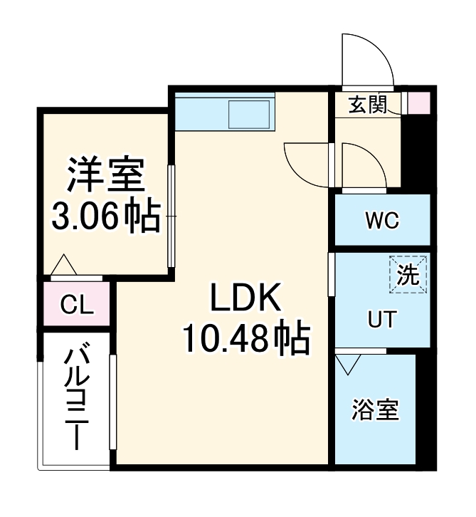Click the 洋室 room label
106,176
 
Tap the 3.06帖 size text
106,216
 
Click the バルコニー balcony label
76,398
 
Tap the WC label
382,221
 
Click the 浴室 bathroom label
375,411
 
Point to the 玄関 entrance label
368,105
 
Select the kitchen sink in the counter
248,114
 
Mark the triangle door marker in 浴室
347,365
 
